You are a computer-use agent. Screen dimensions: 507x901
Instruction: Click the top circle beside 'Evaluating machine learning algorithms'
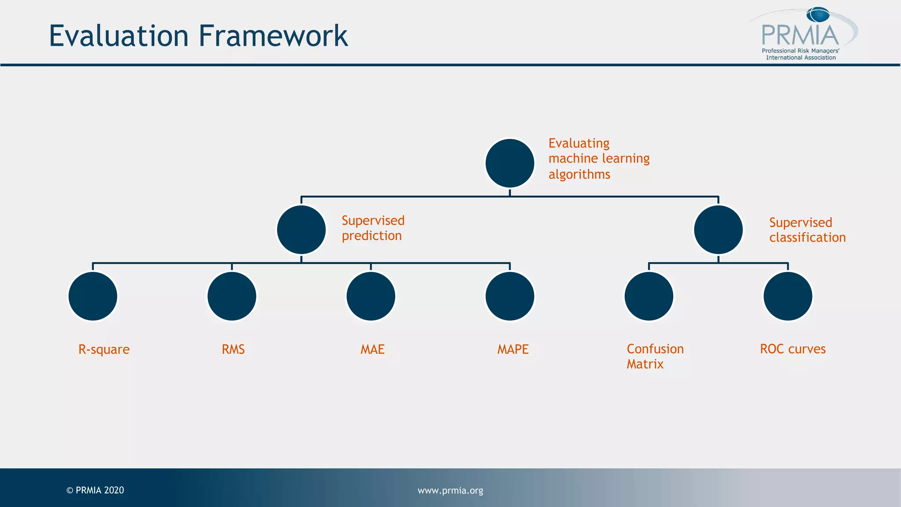pyautogui.click(x=509, y=163)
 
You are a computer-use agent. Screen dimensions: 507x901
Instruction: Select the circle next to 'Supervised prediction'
pyautogui.click(x=301, y=230)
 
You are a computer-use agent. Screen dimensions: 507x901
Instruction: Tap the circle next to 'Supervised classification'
pyautogui.click(x=718, y=230)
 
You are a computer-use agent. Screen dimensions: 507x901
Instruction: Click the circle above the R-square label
pyautogui.click(x=93, y=296)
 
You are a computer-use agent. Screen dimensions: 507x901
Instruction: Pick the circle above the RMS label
pyautogui.click(x=232, y=296)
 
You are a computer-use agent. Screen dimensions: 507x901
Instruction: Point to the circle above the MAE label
pyautogui.click(x=371, y=296)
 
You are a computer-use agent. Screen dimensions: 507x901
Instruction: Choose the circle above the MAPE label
pyautogui.click(x=509, y=296)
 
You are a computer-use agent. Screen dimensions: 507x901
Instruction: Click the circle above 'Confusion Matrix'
pyautogui.click(x=649, y=296)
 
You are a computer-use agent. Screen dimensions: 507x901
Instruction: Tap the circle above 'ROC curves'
pyautogui.click(x=787, y=296)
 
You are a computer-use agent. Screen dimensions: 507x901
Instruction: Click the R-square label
pyautogui.click(x=104, y=349)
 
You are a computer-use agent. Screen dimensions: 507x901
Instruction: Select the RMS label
pyautogui.click(x=233, y=349)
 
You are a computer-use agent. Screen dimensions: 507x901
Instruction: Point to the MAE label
pyautogui.click(x=373, y=349)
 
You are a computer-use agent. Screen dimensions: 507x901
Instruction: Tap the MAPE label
pyautogui.click(x=513, y=349)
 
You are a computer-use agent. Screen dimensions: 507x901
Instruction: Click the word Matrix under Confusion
pyautogui.click(x=645, y=364)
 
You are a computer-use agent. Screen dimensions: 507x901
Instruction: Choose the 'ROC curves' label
pyautogui.click(x=793, y=349)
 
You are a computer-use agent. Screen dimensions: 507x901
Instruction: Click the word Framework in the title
pyautogui.click(x=273, y=36)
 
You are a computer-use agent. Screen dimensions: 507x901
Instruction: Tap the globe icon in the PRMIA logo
pyautogui.click(x=818, y=15)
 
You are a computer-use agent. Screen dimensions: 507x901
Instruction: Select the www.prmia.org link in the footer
pyautogui.click(x=450, y=490)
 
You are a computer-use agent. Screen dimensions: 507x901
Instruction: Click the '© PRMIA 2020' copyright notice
pyautogui.click(x=95, y=490)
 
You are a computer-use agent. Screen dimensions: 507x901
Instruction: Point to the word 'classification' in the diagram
pyautogui.click(x=807, y=238)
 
